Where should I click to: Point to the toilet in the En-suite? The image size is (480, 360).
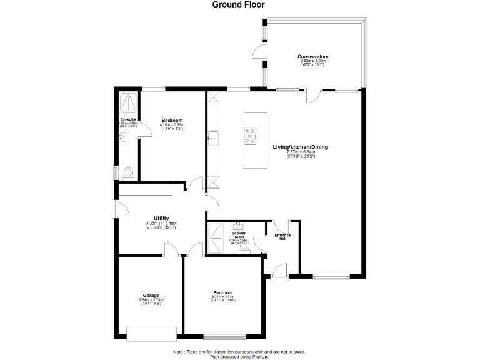[127, 171]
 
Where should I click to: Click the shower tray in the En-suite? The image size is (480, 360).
[129, 102]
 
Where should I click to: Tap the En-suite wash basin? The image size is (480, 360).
[122, 136]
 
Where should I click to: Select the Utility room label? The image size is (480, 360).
[161, 218]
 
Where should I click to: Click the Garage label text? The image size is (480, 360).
[151, 296]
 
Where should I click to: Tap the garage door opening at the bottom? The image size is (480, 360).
[152, 334]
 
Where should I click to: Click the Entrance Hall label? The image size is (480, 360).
[283, 236]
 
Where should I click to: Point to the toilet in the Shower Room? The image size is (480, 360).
[244, 247]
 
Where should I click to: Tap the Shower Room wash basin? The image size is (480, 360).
[237, 226]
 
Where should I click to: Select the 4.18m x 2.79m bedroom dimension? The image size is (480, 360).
[172, 125]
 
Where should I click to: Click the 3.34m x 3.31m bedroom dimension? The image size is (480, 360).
[222, 297]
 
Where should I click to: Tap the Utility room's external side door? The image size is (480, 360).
[117, 209]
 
